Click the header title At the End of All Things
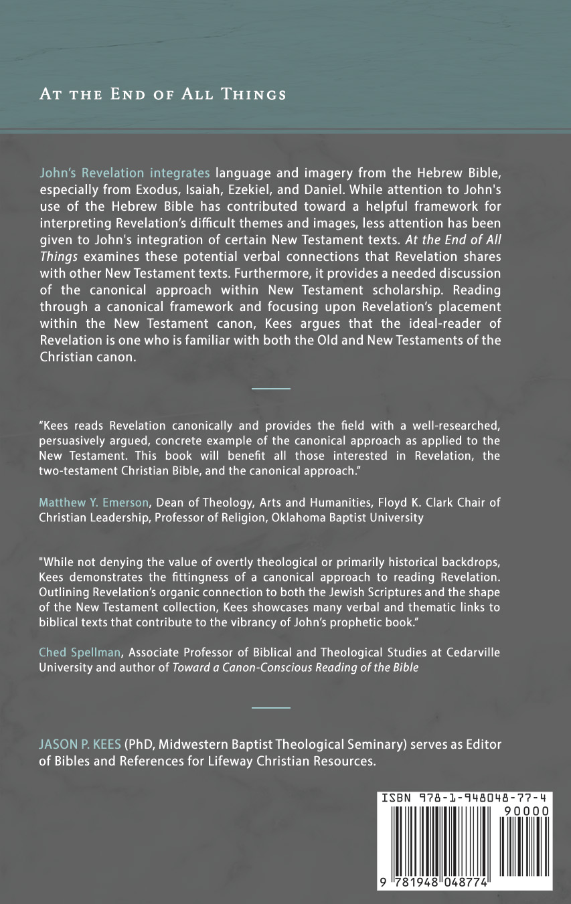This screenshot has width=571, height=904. pyautogui.click(x=163, y=94)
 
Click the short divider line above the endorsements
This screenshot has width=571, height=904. pyautogui.click(x=271, y=388)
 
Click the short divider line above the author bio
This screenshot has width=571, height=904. pyautogui.click(x=271, y=707)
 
